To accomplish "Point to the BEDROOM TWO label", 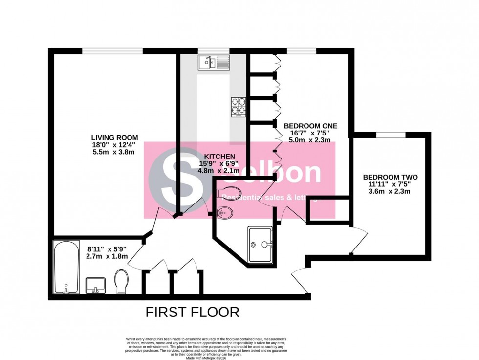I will pos(390,177).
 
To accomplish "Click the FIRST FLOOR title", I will pos(193,312).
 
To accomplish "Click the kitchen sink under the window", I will pos(214,63).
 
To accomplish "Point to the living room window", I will pos(112,50).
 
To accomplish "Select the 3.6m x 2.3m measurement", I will pos(390,192).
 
